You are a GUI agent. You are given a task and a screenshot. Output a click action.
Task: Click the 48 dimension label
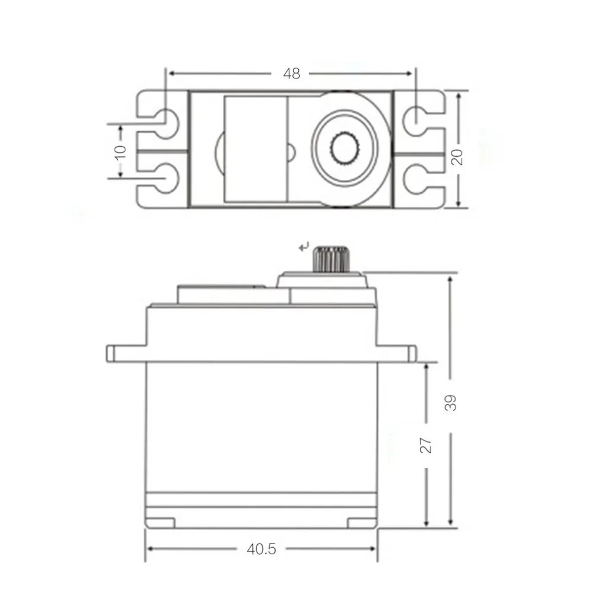tap(291, 74)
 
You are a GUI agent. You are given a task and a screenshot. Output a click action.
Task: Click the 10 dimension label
tap(121, 151)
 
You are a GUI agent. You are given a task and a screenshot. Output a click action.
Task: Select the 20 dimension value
tap(457, 156)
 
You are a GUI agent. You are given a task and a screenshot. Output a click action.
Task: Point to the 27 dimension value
tap(426, 445)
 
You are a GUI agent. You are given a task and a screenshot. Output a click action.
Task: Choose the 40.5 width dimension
tap(262, 549)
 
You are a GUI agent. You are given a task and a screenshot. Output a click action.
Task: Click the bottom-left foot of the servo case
tap(160, 522)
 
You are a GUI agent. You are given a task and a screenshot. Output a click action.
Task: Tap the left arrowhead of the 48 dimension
tap(172, 74)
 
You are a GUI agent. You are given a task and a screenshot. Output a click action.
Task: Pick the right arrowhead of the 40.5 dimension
tap(374, 549)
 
